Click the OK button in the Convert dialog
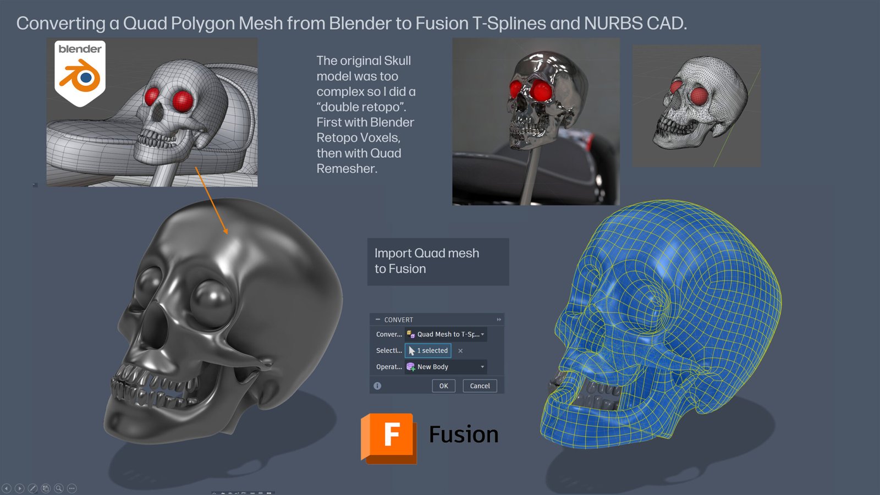(443, 386)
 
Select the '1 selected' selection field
(428, 350)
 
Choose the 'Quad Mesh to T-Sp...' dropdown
(446, 334)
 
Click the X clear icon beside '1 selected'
(460, 351)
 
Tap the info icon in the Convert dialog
(377, 386)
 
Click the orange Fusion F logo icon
(389, 438)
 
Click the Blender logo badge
(80, 73)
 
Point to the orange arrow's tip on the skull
(227, 234)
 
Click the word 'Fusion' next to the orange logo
(464, 435)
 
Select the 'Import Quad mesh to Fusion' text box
(438, 262)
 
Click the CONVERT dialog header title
(398, 320)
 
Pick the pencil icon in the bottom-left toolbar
(32, 488)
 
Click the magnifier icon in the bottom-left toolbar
(59, 488)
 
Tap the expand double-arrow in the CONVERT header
(499, 320)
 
